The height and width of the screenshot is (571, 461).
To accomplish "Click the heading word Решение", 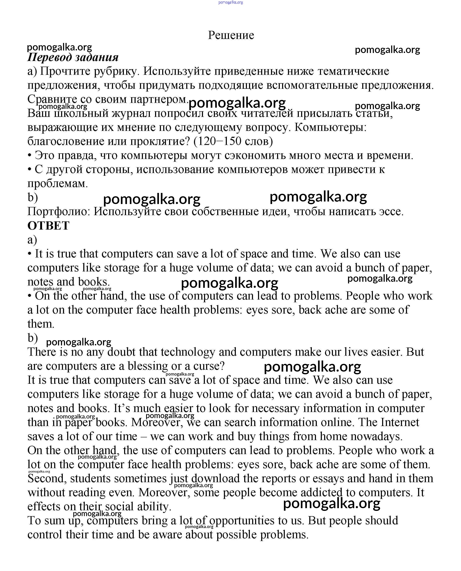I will click(231, 35).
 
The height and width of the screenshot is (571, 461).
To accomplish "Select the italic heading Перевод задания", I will click(73, 57).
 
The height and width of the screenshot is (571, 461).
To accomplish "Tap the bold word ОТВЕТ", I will click(48, 226).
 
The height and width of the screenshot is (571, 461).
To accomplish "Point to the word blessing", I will click(148, 366).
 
